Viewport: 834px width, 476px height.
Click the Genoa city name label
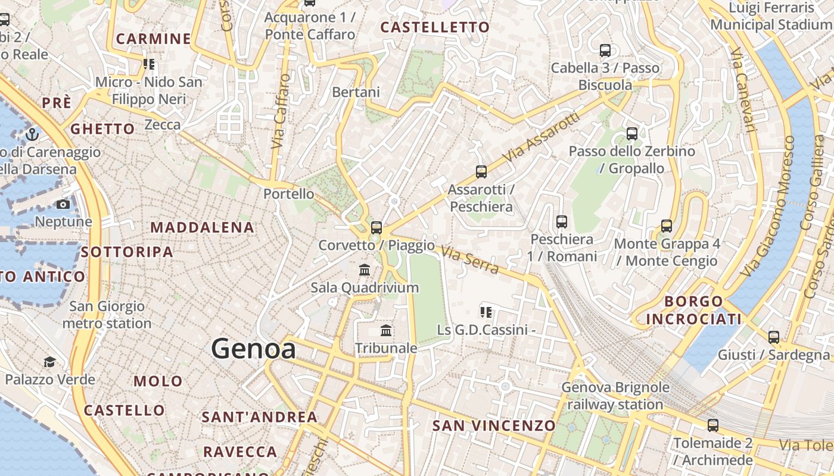254,349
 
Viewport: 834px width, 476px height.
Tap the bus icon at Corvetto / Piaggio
376,227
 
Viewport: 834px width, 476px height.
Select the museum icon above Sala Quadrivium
365,270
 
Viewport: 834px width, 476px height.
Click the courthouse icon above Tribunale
386,330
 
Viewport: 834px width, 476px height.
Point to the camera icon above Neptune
63,205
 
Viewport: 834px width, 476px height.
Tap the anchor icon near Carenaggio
32,134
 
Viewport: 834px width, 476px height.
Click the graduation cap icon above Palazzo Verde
50,362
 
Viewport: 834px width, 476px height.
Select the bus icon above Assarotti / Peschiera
481,172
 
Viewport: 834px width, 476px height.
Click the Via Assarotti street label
542,137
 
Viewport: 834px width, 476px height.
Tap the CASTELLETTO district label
435,27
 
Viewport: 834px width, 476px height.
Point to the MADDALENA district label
202,227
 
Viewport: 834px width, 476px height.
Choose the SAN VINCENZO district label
494,425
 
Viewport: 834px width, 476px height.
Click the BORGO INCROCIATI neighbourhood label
694,310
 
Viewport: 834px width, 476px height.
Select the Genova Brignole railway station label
615,396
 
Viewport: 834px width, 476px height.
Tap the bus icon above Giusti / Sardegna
773,337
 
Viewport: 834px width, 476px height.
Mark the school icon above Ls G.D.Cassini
486,312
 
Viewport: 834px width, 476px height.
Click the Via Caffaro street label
280,111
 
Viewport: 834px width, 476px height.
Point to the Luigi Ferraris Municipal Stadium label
772,16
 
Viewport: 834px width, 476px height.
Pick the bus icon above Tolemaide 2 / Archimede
712,425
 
